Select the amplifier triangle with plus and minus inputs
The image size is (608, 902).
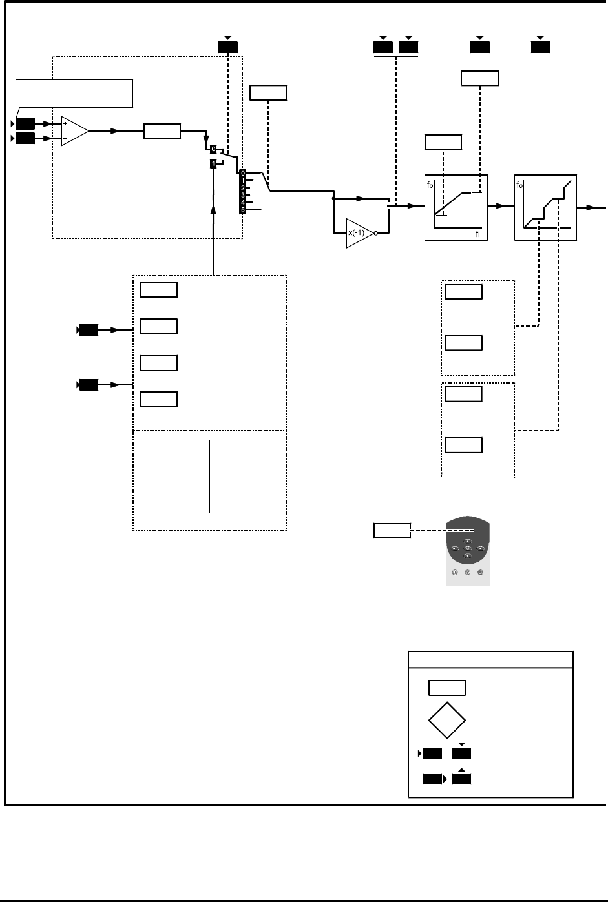74,130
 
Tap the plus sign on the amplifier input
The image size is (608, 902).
66,123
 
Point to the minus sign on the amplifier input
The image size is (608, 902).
66,138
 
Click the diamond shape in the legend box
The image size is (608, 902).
446,720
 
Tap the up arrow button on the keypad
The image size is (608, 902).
467,541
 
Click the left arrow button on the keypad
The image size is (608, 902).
455,548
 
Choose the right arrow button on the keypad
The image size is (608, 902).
480,548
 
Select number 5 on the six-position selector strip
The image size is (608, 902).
242,210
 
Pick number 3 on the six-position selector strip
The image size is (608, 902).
242,195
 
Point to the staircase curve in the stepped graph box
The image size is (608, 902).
547,205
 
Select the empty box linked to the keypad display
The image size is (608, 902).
392,531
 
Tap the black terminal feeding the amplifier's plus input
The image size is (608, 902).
26,123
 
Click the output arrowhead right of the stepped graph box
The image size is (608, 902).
592,208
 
